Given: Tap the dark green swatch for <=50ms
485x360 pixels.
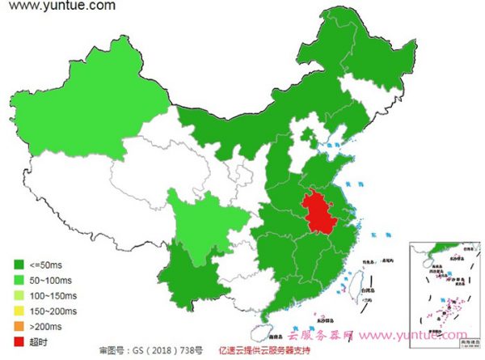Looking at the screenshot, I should pyautogui.click(x=18, y=264).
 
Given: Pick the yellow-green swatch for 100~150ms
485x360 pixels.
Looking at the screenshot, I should pyautogui.click(x=18, y=294).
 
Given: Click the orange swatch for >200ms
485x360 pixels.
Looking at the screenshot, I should pyautogui.click(x=18, y=325).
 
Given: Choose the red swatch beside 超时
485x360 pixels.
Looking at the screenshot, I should pyautogui.click(x=18, y=341).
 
